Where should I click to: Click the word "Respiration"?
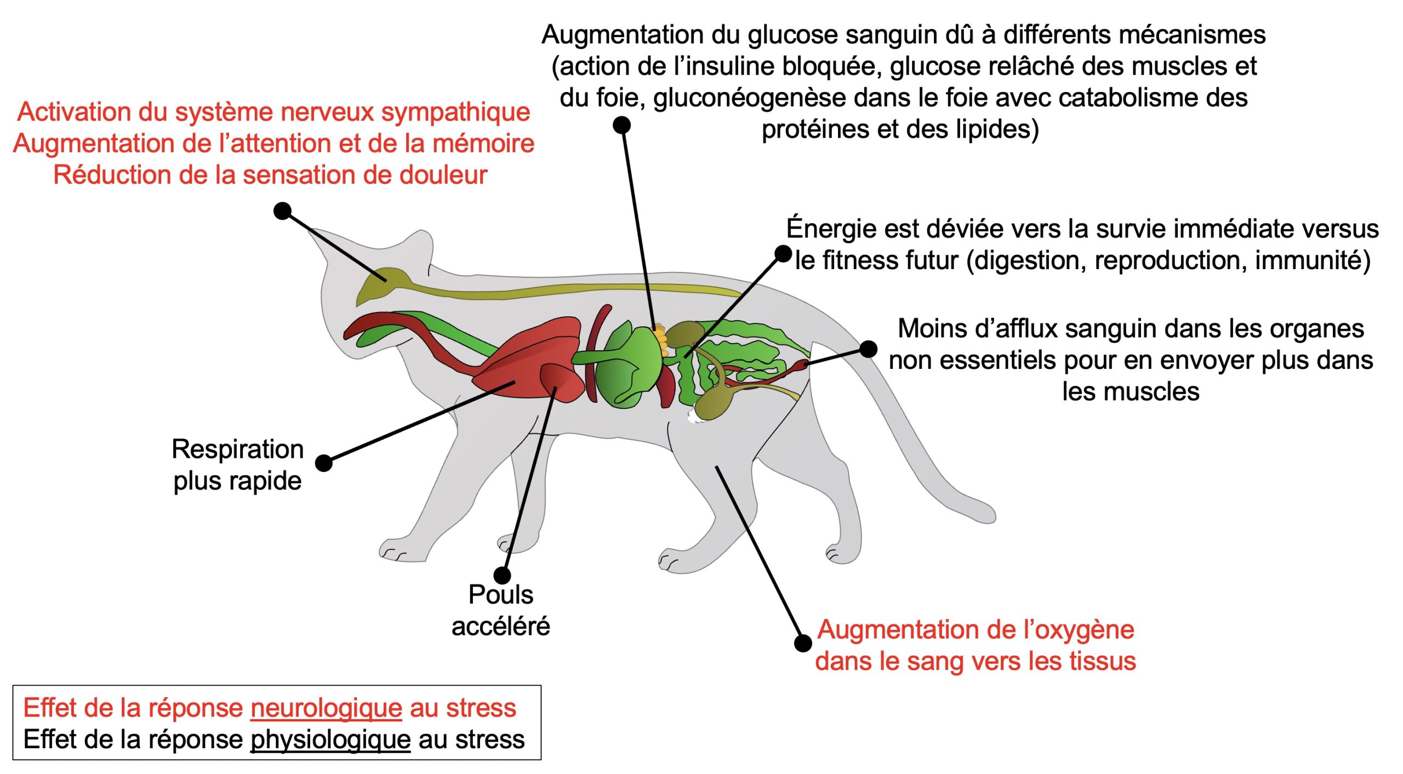click(x=237, y=449)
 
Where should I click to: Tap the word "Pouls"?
click(x=500, y=595)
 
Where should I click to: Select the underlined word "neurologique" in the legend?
click(x=327, y=708)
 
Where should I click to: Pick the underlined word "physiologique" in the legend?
click(x=330, y=740)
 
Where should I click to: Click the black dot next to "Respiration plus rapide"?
click(x=324, y=463)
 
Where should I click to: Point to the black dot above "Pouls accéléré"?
click(x=502, y=575)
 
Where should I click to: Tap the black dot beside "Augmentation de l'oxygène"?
click(x=803, y=643)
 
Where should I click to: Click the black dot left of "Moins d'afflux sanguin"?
click(x=868, y=349)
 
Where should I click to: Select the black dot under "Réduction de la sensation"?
click(x=282, y=211)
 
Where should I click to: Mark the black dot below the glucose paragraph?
click(x=621, y=125)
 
